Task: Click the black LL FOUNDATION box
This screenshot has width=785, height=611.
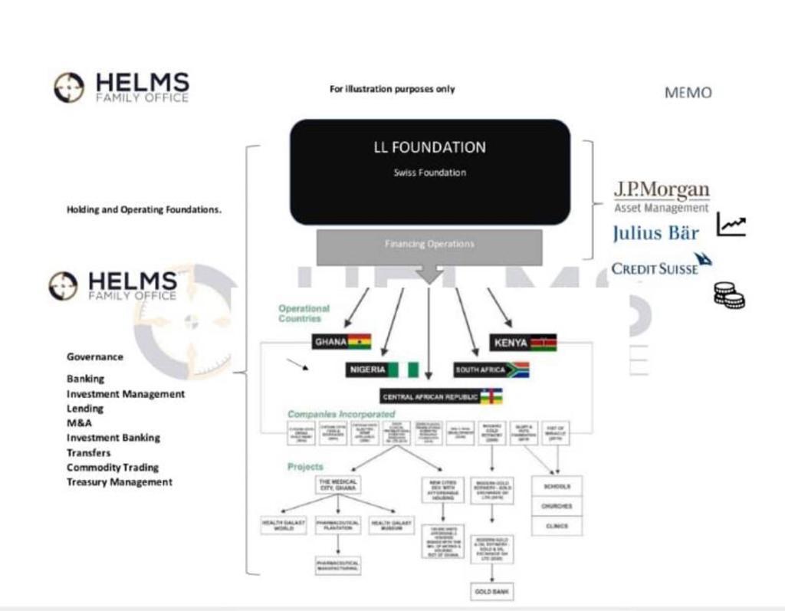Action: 429,172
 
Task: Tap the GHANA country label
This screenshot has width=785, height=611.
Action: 330,341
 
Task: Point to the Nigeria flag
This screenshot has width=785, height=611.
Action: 403,370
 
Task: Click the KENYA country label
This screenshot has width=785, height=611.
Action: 511,342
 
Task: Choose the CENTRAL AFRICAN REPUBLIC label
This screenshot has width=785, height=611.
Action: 431,397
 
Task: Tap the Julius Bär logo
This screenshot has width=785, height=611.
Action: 655,233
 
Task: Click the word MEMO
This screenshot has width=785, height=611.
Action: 688,93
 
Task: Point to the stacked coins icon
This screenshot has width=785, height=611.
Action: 729,295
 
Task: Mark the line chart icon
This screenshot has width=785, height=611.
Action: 731,225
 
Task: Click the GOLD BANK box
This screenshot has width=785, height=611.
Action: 491,592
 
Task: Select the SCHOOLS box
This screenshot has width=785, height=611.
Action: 557,486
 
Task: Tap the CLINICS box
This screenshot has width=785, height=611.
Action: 557,526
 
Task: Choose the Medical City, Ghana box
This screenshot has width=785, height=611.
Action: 337,485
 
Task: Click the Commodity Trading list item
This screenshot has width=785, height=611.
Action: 113,467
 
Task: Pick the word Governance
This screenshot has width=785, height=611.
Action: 94,356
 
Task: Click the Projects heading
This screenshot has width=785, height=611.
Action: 305,466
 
